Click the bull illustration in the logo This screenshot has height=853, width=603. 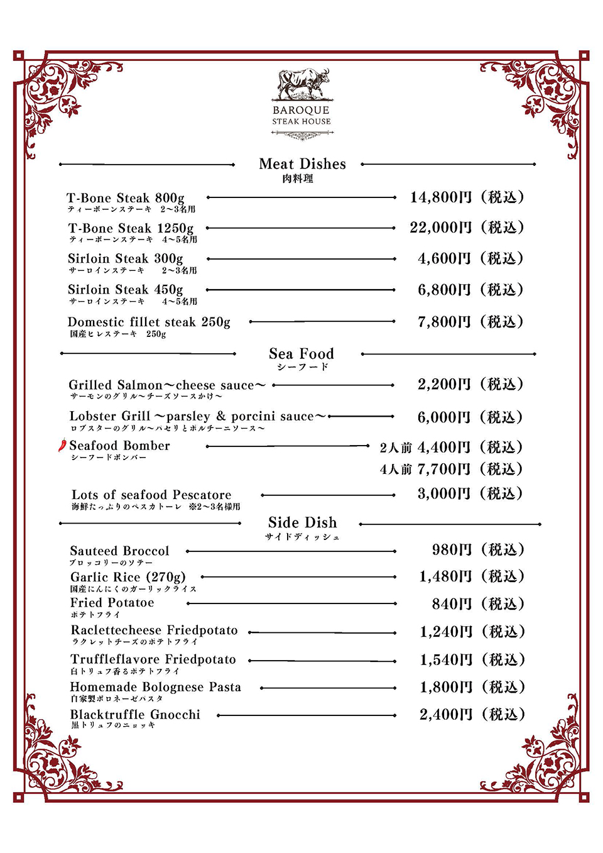point(304,84)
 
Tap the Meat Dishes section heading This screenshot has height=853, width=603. point(302,164)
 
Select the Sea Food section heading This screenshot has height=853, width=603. point(301,354)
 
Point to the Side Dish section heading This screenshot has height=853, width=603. point(302,523)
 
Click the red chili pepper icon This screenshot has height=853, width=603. point(62,446)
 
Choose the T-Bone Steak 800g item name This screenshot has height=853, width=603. point(126,198)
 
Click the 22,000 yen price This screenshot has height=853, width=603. point(440,228)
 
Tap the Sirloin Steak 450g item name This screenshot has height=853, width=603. point(126,290)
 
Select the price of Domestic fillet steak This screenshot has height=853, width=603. point(444,322)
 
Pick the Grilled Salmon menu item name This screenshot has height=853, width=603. point(167,385)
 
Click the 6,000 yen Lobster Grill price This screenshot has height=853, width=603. point(444,417)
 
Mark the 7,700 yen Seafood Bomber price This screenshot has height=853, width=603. point(444,469)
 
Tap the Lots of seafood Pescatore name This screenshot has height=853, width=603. point(151,495)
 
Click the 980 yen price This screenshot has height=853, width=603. point(452,550)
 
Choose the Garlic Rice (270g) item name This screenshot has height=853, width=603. point(128,577)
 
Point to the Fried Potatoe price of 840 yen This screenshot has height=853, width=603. point(452,604)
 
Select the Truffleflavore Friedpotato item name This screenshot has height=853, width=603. point(153,659)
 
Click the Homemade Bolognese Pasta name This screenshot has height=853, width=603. point(156,687)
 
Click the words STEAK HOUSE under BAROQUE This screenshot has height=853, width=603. point(301,122)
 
